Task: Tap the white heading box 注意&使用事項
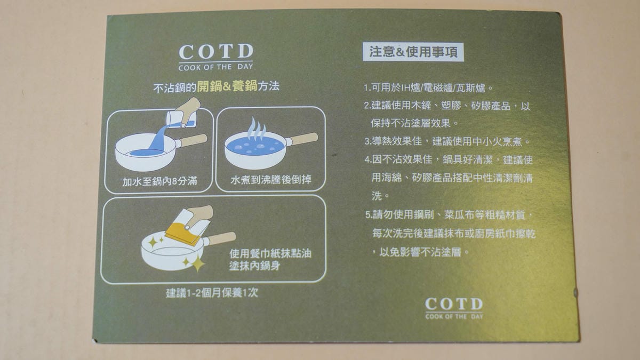pos(413,52)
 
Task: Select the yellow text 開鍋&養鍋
pos(227,86)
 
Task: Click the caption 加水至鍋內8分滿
pos(159,181)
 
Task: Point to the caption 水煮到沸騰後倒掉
pos(270,180)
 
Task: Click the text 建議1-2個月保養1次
pos(212,293)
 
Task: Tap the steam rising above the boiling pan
pos(257,129)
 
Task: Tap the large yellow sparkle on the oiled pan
pos(197,263)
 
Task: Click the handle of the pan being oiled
pos(219,239)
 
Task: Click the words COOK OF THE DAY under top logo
pos(215,67)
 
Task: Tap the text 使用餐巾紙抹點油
pos(270,253)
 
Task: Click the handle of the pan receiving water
pos(191,141)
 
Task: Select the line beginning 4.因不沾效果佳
pos(449,159)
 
